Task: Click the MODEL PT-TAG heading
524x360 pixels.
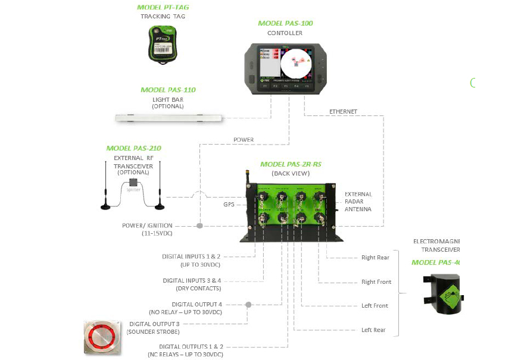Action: (x=163, y=7)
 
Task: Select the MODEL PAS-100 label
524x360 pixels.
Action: (x=285, y=23)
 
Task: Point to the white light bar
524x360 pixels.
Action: (x=169, y=118)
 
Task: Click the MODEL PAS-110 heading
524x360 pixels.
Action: (x=168, y=90)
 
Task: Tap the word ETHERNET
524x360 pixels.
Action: (x=343, y=111)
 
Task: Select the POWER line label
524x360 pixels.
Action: (x=243, y=140)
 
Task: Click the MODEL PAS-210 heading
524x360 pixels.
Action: (x=133, y=148)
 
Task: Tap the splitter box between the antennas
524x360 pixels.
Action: (x=133, y=182)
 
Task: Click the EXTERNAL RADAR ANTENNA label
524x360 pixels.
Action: (x=358, y=202)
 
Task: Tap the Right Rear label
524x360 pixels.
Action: (x=375, y=258)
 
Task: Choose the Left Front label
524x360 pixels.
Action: (x=375, y=306)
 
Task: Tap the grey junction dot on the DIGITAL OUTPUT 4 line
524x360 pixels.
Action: (x=248, y=305)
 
